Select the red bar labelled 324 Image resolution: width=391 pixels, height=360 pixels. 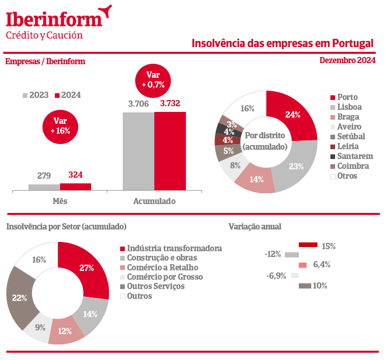click(x=76, y=186)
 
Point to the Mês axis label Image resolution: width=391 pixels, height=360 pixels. click(x=60, y=201)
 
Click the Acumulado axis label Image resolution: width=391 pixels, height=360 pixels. click(x=154, y=201)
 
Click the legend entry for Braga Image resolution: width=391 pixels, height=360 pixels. click(x=347, y=117)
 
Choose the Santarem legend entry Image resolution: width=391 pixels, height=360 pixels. click(x=355, y=156)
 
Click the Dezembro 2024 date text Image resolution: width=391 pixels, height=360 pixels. click(x=347, y=61)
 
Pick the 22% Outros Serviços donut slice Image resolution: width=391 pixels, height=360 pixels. click(x=20, y=298)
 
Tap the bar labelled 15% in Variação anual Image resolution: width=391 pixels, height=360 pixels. click(x=308, y=244)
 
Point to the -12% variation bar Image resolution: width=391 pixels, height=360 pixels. click(x=292, y=254)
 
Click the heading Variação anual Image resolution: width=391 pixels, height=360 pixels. click(x=255, y=226)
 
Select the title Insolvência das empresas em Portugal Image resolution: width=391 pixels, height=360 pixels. click(x=282, y=42)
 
